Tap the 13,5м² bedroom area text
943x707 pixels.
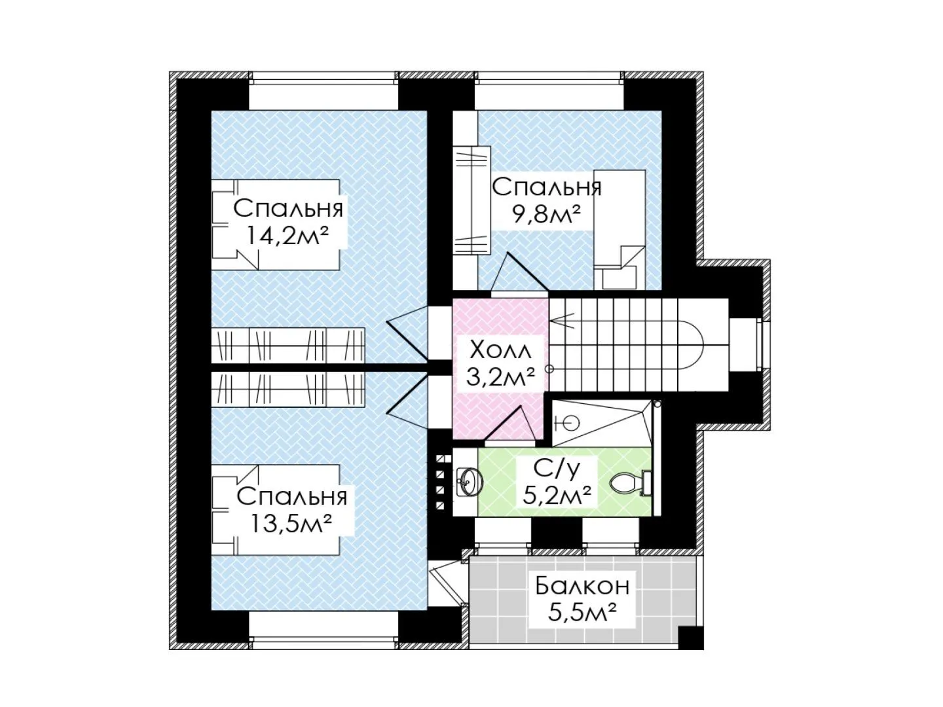point(291,524)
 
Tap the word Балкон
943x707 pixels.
point(582,586)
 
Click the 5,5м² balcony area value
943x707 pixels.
point(582,613)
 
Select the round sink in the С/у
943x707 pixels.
point(468,482)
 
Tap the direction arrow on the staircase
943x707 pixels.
point(562,321)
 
